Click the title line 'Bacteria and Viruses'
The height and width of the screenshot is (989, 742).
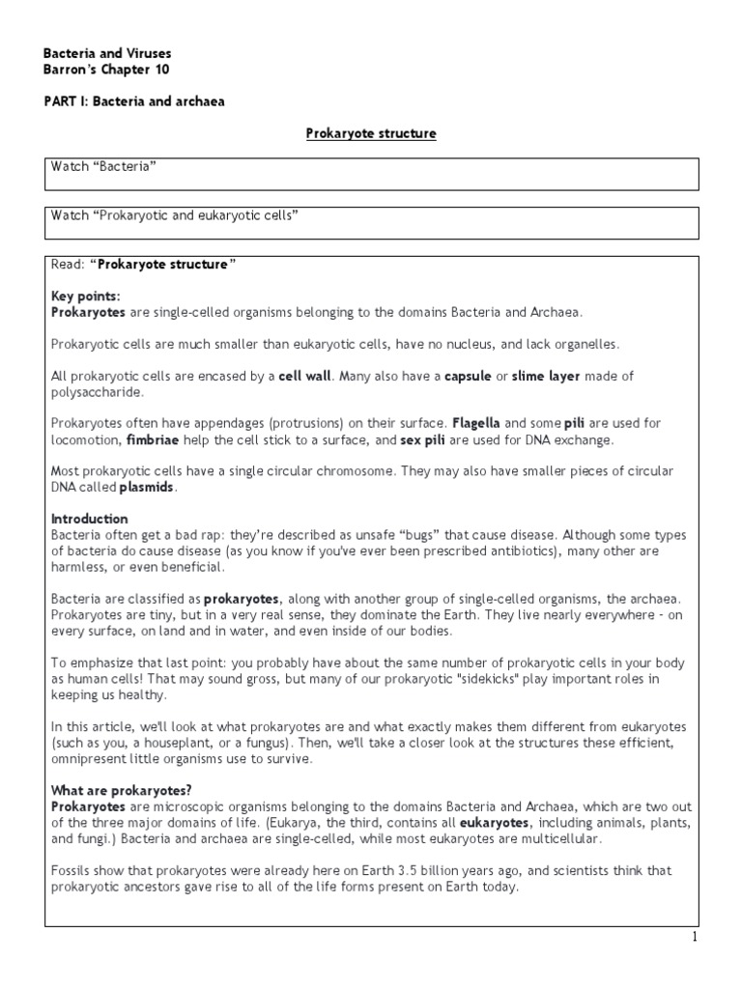click(109, 53)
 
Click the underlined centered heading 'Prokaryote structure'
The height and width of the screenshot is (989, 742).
click(371, 133)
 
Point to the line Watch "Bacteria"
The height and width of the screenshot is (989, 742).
click(103, 167)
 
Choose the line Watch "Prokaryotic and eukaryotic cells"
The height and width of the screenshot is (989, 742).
click(174, 215)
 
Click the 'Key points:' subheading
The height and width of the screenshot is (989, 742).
click(86, 296)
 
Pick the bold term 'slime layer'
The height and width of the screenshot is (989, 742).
click(551, 376)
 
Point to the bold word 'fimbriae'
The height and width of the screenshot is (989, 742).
click(153, 439)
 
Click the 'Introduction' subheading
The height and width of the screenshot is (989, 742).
click(89, 519)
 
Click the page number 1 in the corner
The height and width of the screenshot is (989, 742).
click(720, 938)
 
